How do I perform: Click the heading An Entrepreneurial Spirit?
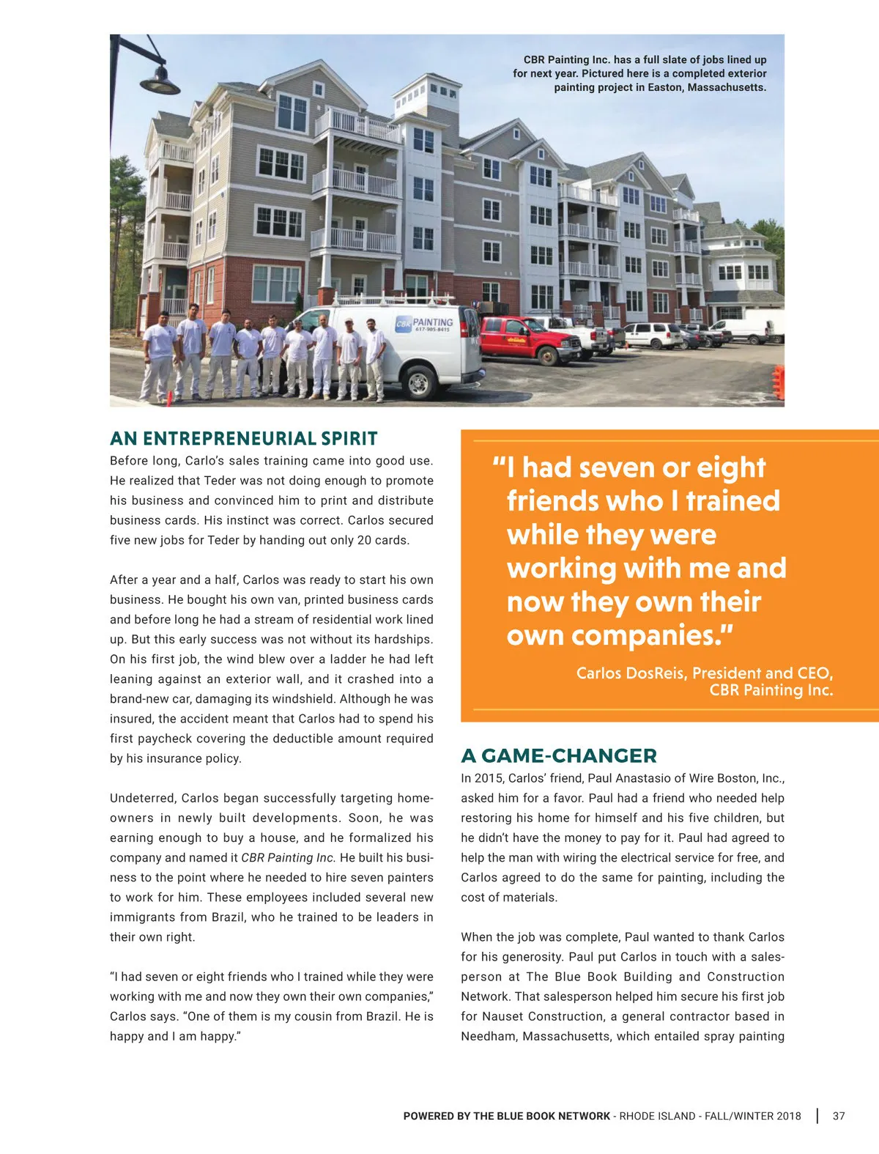(x=243, y=439)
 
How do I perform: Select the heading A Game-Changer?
(x=558, y=755)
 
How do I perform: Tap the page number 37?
(x=839, y=1116)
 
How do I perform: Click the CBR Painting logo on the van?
(x=425, y=325)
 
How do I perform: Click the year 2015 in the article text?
(x=489, y=778)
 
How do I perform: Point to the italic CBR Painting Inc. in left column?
(x=288, y=857)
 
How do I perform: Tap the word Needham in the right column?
(x=489, y=1036)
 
